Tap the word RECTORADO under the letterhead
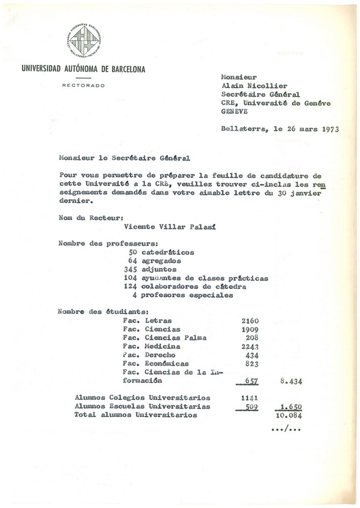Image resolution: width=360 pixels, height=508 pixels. [x=83, y=85]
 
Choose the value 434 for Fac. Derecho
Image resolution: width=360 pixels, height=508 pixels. [x=252, y=355]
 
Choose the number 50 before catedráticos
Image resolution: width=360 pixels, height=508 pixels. [x=134, y=251]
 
